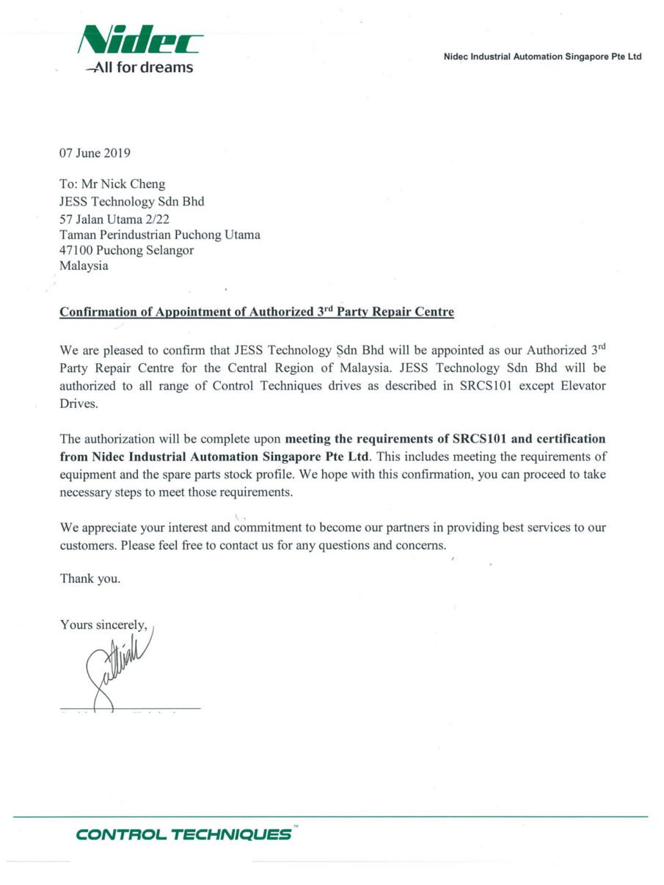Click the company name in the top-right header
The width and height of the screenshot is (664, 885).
coord(543,57)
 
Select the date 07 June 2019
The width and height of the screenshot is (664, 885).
coord(95,153)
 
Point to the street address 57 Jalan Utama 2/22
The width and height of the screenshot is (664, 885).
coord(115,218)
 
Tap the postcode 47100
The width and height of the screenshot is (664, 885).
coord(76,250)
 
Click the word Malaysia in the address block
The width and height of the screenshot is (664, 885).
coord(84,266)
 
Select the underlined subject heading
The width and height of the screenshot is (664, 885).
coord(257,312)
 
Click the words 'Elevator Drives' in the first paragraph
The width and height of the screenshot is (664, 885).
coord(558,386)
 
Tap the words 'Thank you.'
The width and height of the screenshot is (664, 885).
coord(90,579)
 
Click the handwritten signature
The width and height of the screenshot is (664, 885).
coord(117,664)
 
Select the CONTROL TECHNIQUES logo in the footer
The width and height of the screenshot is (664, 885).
coord(183,834)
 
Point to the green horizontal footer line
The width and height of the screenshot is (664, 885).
coord(330,817)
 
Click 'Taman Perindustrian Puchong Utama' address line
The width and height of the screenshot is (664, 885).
coord(159,234)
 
